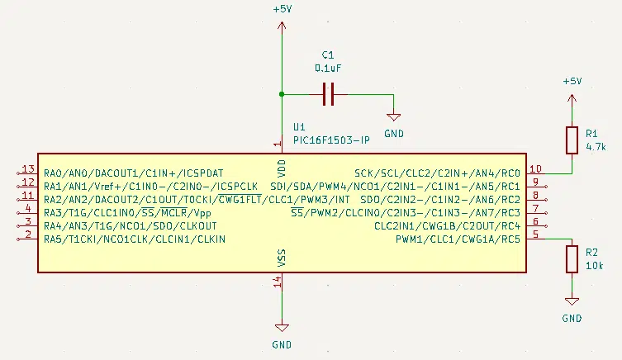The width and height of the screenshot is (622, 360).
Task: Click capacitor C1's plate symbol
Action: [x=328, y=94]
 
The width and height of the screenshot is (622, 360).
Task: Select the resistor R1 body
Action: [x=572, y=140]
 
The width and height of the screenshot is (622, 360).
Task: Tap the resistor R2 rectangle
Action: [x=572, y=259]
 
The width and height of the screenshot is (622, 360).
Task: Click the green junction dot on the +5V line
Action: [x=282, y=94]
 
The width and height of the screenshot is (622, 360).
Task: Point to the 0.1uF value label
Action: [x=328, y=69]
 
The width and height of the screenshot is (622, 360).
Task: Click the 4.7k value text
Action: [x=596, y=147]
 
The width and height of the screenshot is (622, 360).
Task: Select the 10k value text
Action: [x=594, y=266]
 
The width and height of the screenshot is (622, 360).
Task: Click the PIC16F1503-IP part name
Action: [x=331, y=140]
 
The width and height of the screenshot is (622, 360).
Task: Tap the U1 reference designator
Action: [x=299, y=127]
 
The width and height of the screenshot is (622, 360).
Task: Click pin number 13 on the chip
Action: [x=28, y=169]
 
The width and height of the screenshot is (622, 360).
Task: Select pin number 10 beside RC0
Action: [x=535, y=169]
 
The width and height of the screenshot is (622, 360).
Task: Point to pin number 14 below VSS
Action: [x=278, y=282]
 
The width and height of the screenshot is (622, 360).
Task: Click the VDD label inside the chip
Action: [x=281, y=168]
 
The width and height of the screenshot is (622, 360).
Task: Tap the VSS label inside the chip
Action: [x=281, y=258]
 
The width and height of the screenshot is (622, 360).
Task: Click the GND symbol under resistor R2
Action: [x=572, y=301]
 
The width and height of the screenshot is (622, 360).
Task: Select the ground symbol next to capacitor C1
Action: [x=393, y=117]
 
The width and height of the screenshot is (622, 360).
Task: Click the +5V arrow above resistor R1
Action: [x=572, y=102]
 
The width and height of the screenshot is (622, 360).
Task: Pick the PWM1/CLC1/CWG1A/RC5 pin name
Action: [x=458, y=239]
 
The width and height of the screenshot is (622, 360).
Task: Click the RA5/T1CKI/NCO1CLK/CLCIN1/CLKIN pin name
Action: [x=135, y=239]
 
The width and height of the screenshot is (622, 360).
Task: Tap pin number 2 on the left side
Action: [x=28, y=234]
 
